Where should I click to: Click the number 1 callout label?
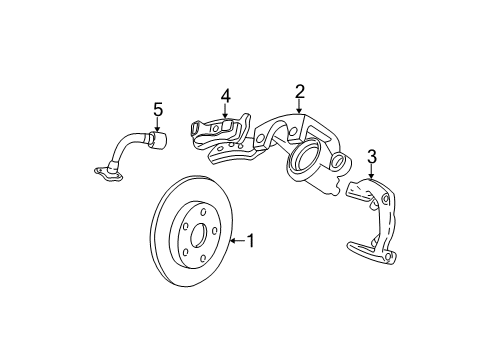coord(251,240)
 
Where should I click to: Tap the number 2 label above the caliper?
coord(299,92)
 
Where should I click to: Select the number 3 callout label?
coord(371,155)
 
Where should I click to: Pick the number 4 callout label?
coord(226,97)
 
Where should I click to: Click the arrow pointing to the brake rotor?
coord(236,240)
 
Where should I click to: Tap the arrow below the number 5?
coord(156,126)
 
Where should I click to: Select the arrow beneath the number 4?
coord(226,113)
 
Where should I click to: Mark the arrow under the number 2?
coord(299,110)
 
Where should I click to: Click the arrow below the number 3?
coord(371,172)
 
